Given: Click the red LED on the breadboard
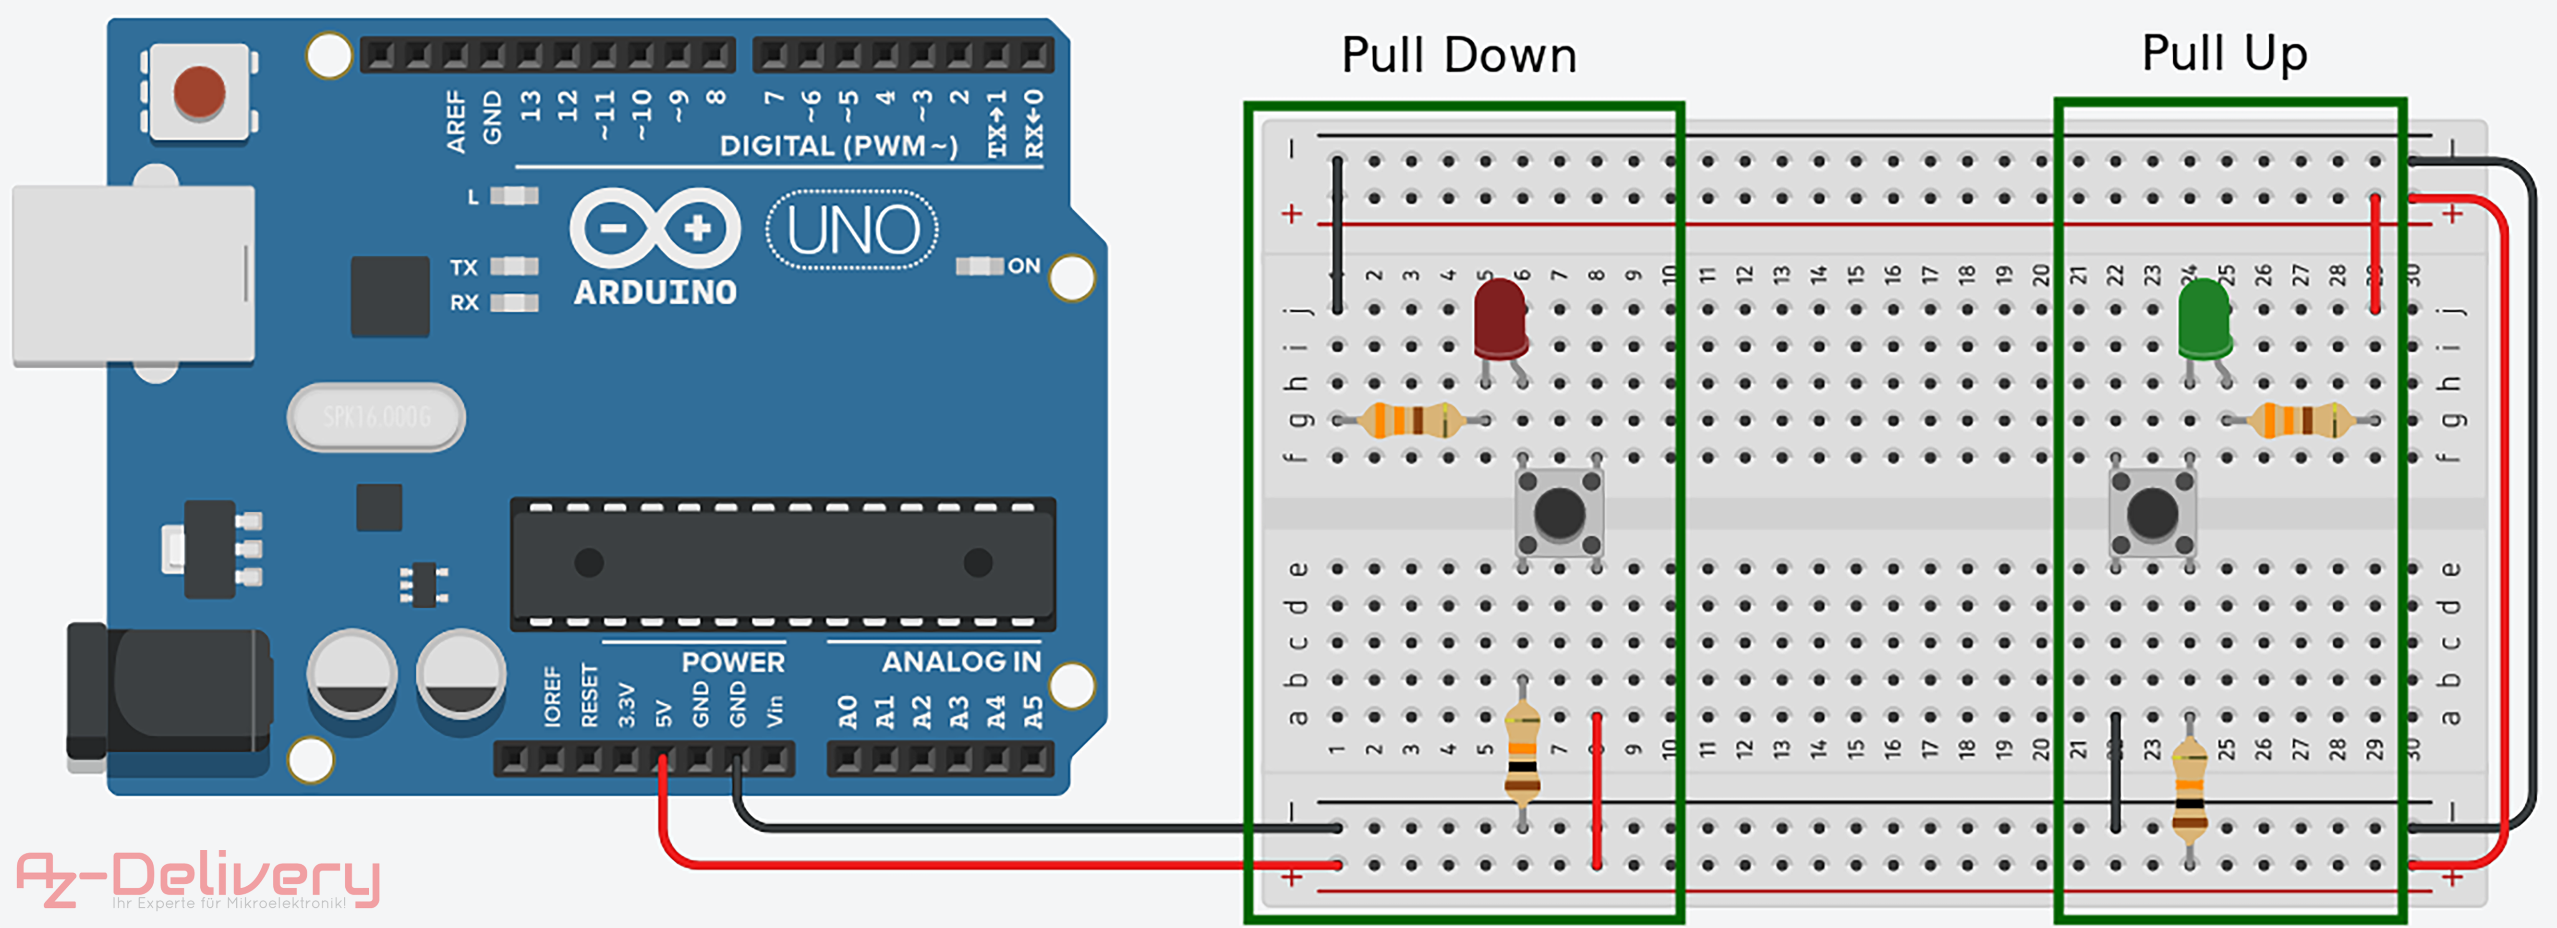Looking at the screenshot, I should click(1500, 318).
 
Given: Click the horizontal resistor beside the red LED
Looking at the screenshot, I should click(1409, 420).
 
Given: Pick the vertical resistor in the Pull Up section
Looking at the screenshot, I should click(2190, 789).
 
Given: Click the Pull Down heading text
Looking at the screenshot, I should click(1458, 56).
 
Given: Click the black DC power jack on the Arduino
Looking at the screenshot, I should click(169, 690).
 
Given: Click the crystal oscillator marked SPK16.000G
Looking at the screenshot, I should click(376, 417).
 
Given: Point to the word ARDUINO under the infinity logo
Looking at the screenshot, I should click(655, 293).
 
